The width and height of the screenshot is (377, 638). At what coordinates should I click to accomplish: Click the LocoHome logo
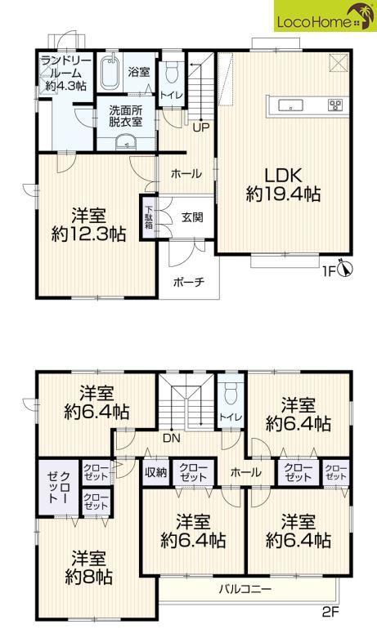point(324,19)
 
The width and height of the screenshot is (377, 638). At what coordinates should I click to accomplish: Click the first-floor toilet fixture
point(171,73)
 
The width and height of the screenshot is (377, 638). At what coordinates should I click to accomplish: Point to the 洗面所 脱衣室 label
point(123,117)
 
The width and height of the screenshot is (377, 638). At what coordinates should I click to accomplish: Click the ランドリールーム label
point(61,71)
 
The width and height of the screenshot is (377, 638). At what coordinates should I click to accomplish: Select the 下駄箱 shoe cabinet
point(150,219)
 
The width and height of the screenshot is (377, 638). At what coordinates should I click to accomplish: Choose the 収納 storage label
point(154,472)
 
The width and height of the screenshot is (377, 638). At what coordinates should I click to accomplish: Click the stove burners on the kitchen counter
point(335,105)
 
